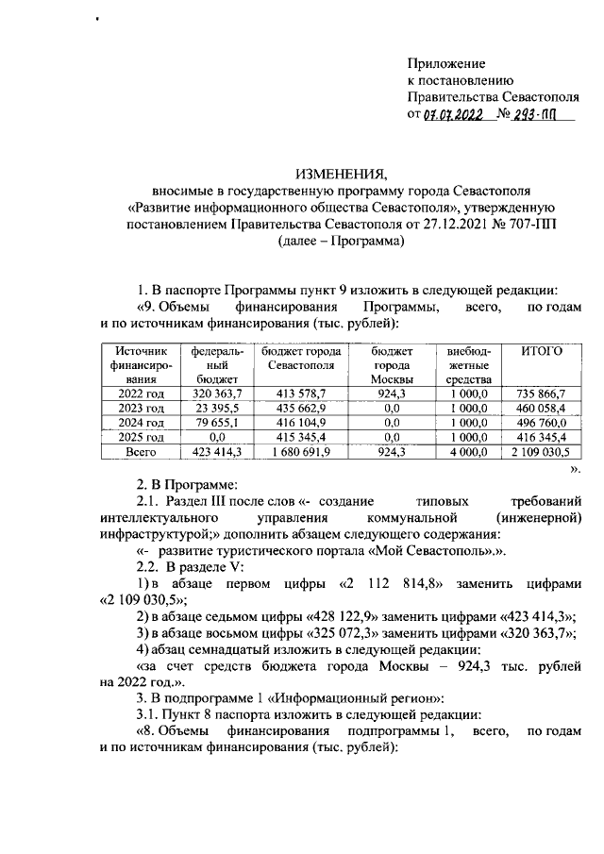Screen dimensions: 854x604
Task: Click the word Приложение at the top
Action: pyautogui.click(x=446, y=64)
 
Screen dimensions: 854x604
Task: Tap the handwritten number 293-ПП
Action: pyautogui.click(x=536, y=115)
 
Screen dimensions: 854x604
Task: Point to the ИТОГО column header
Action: pyautogui.click(x=542, y=351)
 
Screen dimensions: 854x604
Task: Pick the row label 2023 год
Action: pyautogui.click(x=142, y=408)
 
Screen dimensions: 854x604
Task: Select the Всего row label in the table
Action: pyautogui.click(x=142, y=453)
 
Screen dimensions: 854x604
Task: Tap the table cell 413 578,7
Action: pyautogui.click(x=295, y=393)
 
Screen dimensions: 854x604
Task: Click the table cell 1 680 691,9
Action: pyautogui.click(x=295, y=453)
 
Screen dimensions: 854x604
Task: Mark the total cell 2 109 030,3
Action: pyautogui.click(x=542, y=453)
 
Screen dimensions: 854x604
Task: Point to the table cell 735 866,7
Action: pyautogui.click(x=542, y=393)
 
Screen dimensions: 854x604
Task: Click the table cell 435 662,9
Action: pyautogui.click(x=295, y=408)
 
